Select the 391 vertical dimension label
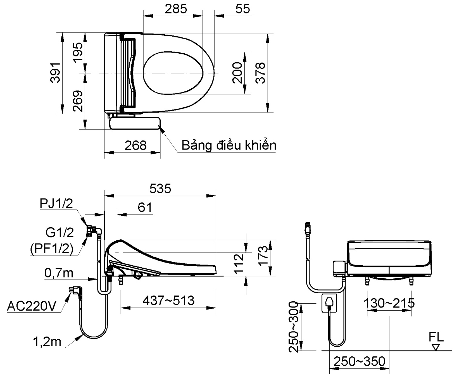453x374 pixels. pyautogui.click(x=56, y=73)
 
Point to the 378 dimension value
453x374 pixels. pyautogui.click(x=260, y=73)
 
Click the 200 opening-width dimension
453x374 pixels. pyautogui.click(x=237, y=73)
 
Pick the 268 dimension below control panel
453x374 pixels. pyautogui.click(x=136, y=145)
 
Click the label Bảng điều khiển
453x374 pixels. pyautogui.click(x=229, y=145)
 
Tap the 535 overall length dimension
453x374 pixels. pyautogui.click(x=160, y=189)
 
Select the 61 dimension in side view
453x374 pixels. pyautogui.click(x=145, y=207)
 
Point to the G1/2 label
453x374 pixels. pyautogui.click(x=60, y=233)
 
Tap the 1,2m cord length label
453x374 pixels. pyautogui.click(x=47, y=342)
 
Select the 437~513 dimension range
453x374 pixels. pyautogui.click(x=169, y=300)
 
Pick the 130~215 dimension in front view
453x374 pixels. pyautogui.click(x=389, y=303)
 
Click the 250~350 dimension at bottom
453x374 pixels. pyautogui.click(x=359, y=362)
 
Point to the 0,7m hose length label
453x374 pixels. pyautogui.click(x=59, y=273)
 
